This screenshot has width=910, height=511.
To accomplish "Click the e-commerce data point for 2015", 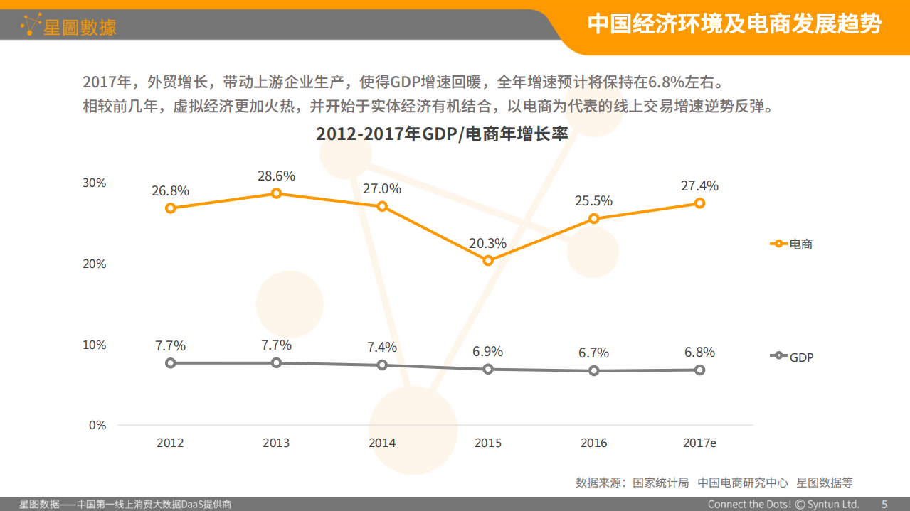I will coord(488,261).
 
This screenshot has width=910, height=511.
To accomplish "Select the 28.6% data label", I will coord(276,176).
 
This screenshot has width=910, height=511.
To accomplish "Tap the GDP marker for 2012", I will coord(171,363).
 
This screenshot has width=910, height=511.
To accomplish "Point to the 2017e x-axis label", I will coord(699,443).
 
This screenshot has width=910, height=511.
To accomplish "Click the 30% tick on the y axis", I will coord(94,183).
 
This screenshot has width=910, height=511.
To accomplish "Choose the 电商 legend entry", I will coord(791,244).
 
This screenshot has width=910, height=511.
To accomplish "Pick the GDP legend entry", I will coord(791,357).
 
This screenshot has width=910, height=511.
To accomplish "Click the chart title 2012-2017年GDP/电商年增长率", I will coord(442,134).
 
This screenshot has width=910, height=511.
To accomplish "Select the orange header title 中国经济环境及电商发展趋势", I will coord(734,24).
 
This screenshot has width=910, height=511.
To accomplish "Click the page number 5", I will coord(884,505).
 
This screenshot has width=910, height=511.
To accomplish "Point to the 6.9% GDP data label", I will coord(488,352).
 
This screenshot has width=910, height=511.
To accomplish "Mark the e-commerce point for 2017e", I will coord(699,203).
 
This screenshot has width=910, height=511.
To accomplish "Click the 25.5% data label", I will coord(593,201).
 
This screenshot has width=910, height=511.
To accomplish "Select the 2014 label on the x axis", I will coord(382,443).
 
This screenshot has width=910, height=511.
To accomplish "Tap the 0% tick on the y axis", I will coord(97,426).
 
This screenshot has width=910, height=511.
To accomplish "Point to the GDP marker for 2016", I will coord(594,371).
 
